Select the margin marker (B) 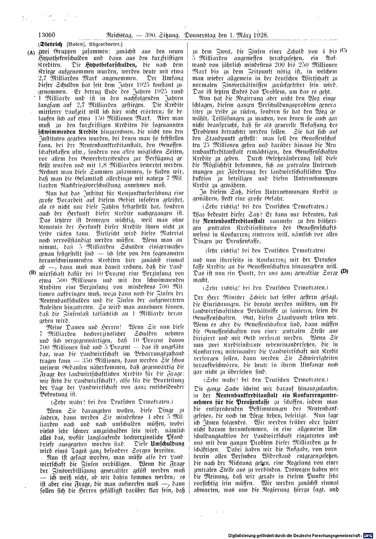click(32, 273)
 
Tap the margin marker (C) click(343, 50)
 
